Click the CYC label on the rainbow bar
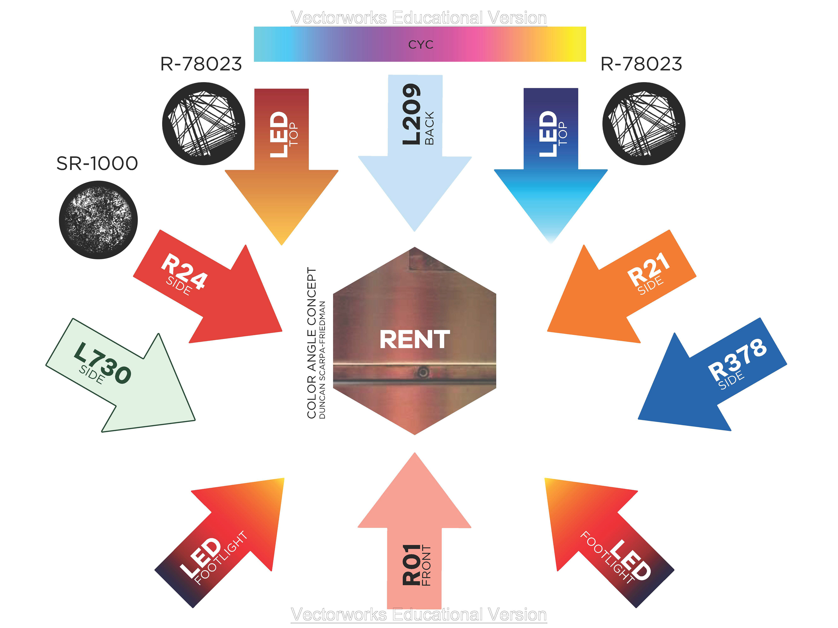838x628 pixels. coord(421,45)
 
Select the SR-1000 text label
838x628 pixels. coord(97,164)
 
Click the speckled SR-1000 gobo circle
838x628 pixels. coord(98,220)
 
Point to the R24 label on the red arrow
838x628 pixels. coord(184,272)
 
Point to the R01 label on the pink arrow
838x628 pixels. coord(411,564)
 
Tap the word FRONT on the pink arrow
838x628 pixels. coord(427,566)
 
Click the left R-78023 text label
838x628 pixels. coord(201,64)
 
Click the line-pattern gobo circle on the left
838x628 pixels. coord(204,124)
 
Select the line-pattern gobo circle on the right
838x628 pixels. coord(644,124)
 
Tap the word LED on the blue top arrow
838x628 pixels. coord(547,134)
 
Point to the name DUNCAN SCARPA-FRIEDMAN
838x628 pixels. coord(322,360)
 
